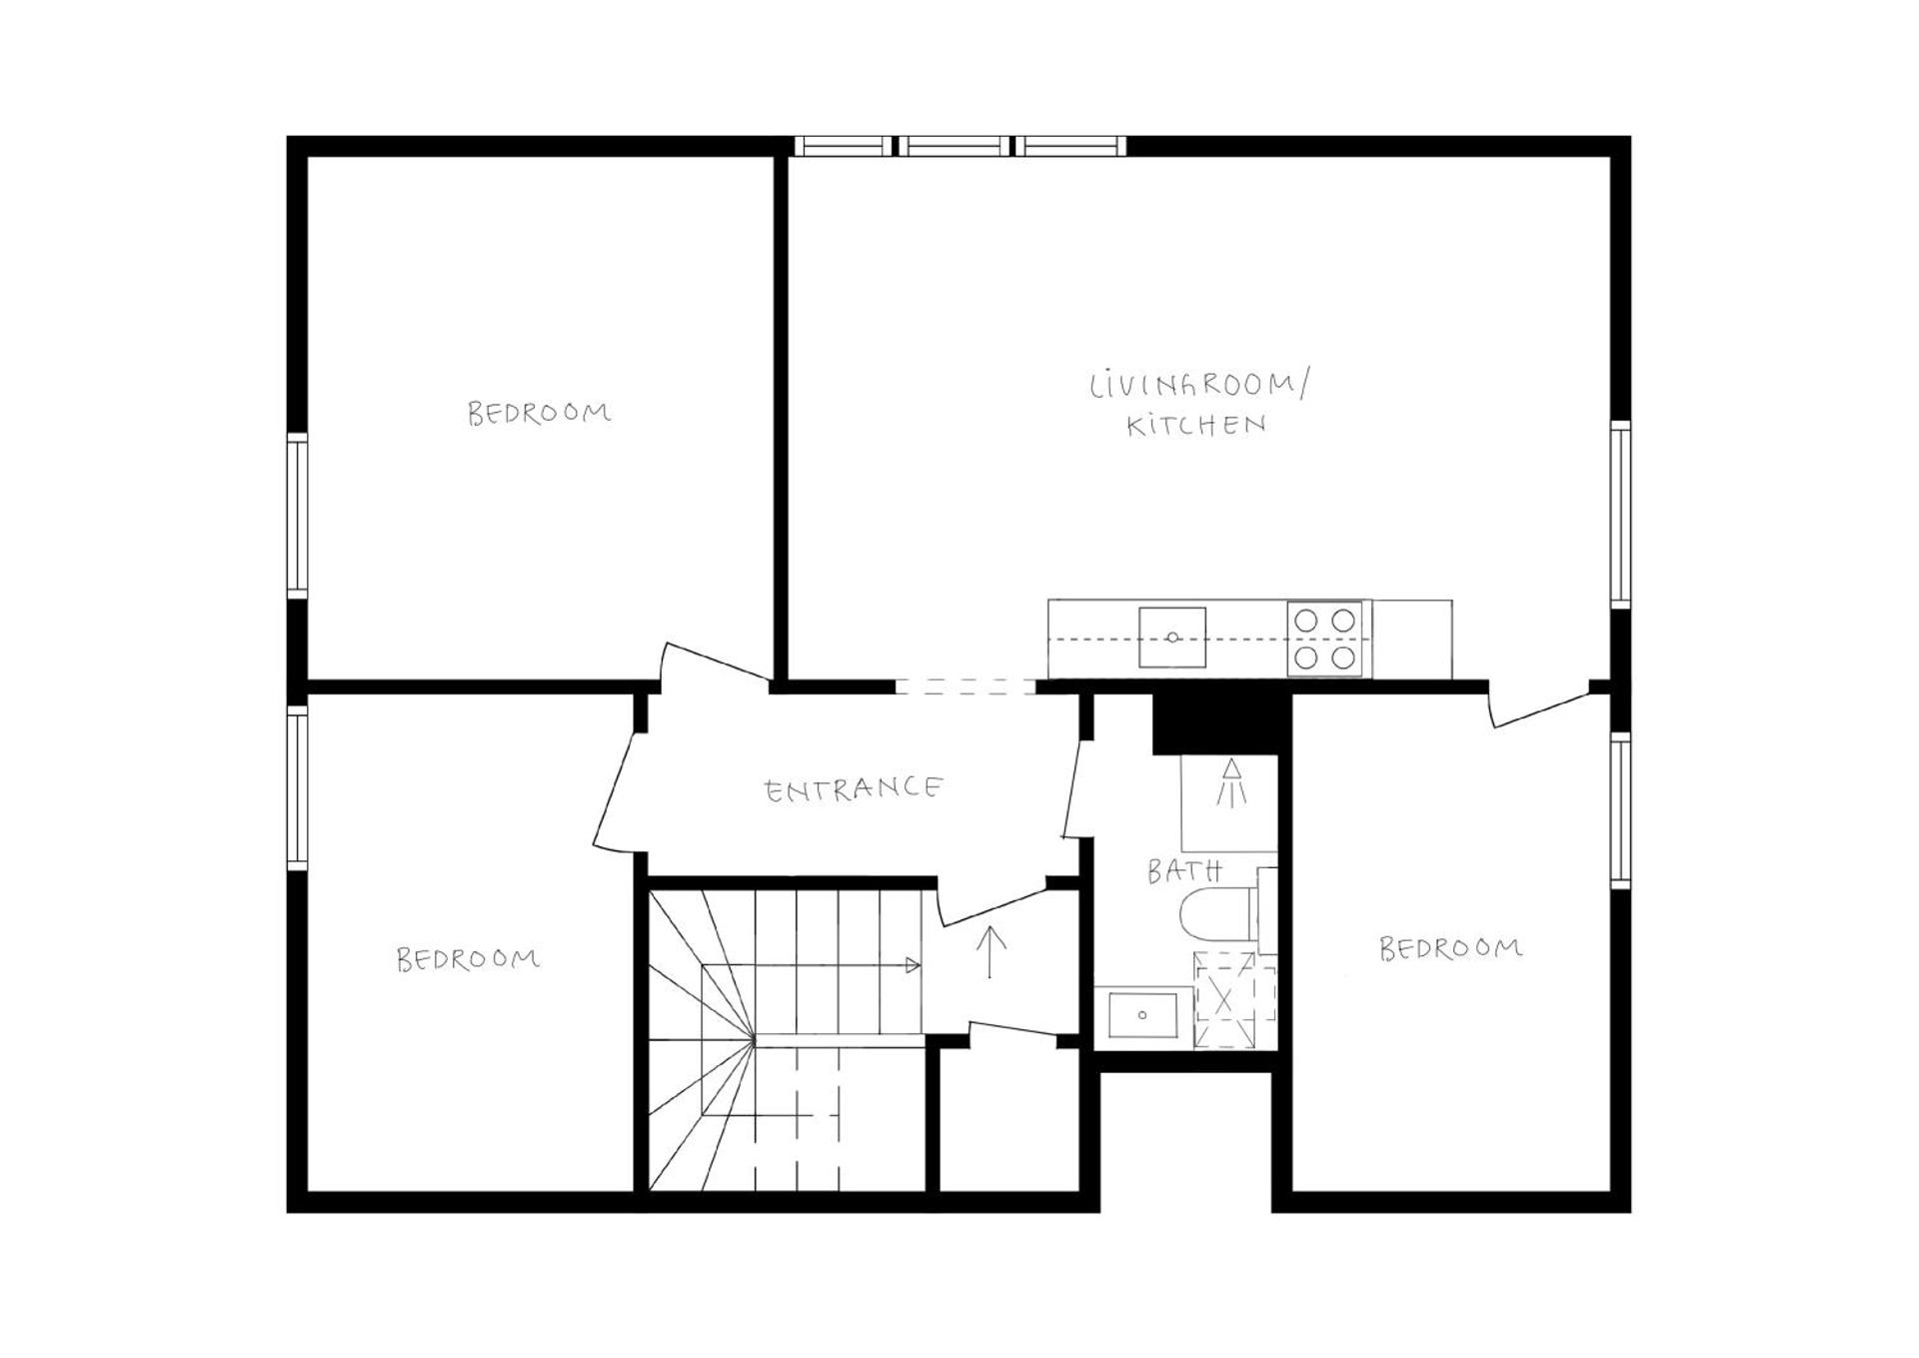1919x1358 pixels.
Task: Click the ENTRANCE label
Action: tap(853, 789)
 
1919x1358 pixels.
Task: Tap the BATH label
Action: tap(1183, 871)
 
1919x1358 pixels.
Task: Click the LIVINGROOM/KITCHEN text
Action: tap(1197, 405)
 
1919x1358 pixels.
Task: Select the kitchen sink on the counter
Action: tap(1171, 638)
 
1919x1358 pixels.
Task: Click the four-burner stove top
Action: tap(1324, 639)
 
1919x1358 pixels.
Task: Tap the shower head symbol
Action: tap(1231, 782)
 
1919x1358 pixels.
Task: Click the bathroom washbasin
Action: tap(1142, 1015)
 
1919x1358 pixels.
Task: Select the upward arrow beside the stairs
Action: tap(989, 951)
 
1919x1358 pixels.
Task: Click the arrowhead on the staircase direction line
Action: tap(912, 965)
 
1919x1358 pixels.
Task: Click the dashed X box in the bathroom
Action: tap(1235, 1000)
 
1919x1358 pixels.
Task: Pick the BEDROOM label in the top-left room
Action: tap(539, 413)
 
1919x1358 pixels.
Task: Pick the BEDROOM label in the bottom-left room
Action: tap(468, 959)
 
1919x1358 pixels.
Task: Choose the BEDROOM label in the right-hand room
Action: tap(1450, 947)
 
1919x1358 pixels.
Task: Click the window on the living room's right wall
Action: tap(1620, 515)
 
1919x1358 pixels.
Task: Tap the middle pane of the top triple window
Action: tap(954, 146)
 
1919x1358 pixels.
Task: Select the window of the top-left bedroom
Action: tap(297, 516)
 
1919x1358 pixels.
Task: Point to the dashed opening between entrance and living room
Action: tap(964, 686)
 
